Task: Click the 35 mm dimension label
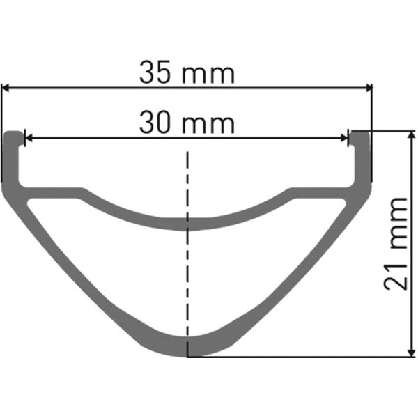[x=187, y=72]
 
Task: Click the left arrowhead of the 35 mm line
[x=5, y=87]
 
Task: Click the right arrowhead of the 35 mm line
[x=369, y=87]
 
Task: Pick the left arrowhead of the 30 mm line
[x=28, y=138]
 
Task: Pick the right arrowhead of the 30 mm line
[x=344, y=138]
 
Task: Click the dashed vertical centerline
[x=187, y=279]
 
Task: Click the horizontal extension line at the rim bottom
[x=300, y=357]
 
